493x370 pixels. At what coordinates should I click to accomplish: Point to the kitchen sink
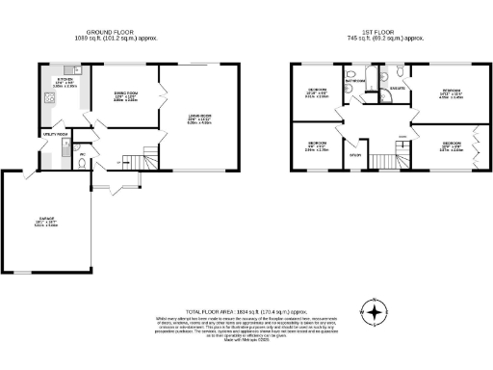(x=45, y=99)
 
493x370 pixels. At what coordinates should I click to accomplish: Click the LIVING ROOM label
(x=199, y=119)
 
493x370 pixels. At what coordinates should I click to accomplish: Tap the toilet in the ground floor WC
(x=86, y=163)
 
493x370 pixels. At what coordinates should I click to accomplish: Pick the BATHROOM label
(x=355, y=82)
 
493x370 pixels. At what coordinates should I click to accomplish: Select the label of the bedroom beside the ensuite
(x=451, y=92)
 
